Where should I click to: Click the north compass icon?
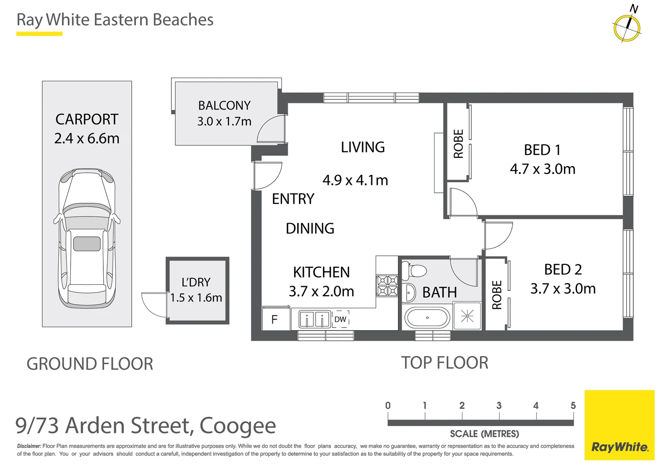[x=627, y=27]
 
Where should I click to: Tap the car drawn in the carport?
[x=87, y=238]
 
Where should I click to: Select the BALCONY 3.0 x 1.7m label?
[x=224, y=113]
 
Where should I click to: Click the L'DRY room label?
[x=196, y=282]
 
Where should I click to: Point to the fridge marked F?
[x=275, y=320]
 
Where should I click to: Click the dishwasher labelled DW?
[x=340, y=319]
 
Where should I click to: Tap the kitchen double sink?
[x=314, y=319]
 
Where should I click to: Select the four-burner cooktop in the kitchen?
[x=387, y=286]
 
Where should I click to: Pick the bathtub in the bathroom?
[x=427, y=318]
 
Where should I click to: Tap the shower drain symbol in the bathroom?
[x=467, y=316]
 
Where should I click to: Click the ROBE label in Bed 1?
[x=458, y=143]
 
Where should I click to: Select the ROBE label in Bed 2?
[x=497, y=295]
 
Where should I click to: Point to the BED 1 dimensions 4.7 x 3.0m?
[x=543, y=169]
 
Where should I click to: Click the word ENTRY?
[x=293, y=199]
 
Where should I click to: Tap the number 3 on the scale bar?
[x=499, y=406]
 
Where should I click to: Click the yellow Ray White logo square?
[x=619, y=425]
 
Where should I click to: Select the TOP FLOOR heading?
[x=445, y=363]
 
